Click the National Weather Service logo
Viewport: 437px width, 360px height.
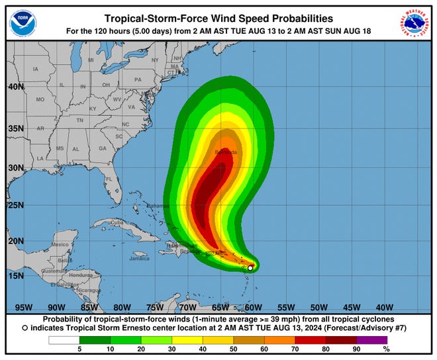415,24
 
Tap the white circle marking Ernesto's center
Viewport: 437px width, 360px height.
250,268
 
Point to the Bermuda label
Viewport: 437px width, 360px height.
225,152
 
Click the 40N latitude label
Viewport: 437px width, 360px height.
17,87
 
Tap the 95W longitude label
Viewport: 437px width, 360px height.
24,307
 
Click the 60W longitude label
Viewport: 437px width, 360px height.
252,307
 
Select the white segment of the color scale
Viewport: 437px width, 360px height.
64,340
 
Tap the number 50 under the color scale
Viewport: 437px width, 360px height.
232,349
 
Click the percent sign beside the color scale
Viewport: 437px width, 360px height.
386,349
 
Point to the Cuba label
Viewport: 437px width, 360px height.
117,223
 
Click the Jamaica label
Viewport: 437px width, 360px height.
139,258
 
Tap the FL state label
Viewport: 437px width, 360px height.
109,179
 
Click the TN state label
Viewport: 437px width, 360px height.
79,120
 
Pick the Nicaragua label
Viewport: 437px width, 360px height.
88,291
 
